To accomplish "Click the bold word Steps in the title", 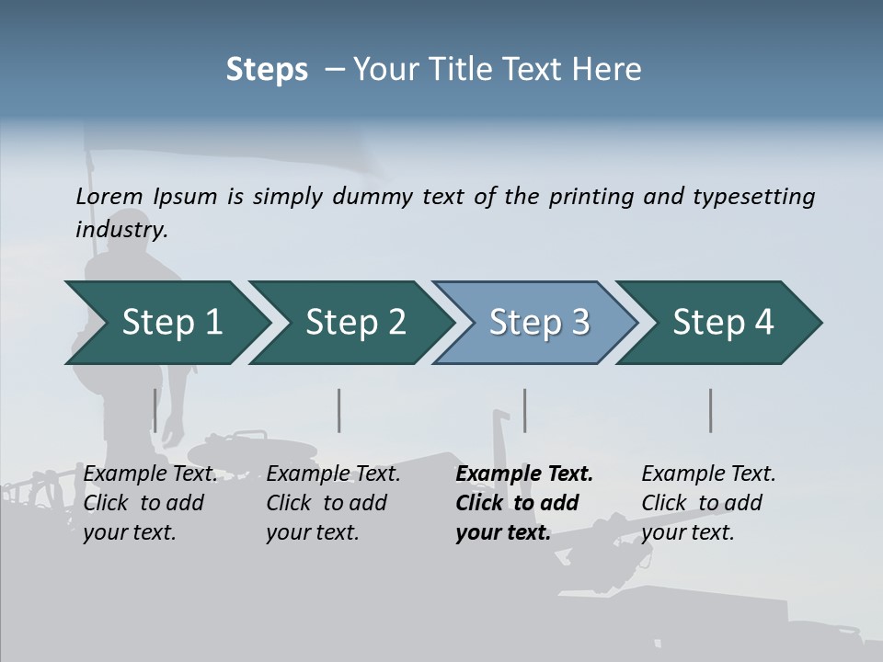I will pos(267,69).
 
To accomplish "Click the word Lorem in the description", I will pos(109,197).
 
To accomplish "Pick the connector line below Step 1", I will pos(155,410).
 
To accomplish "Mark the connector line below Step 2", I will pos(339,410).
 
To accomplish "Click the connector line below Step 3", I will pos(524,410).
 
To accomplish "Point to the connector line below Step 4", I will pos(710,410).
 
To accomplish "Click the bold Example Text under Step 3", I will pos(524,474).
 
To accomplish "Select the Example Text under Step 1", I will pos(151,474).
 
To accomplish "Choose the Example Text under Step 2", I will pos(333,474).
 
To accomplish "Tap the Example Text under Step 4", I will pos(708,474).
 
